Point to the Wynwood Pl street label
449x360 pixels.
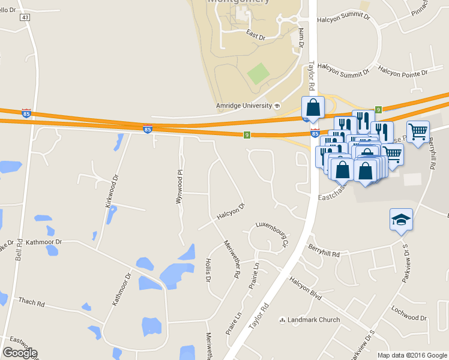point(179,187)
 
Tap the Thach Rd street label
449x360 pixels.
point(32,302)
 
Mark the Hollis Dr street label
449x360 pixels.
point(208,270)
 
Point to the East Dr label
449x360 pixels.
point(256,37)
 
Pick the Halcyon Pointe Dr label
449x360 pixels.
point(402,73)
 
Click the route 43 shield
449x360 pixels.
point(25,17)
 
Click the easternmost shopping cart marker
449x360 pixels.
point(418,131)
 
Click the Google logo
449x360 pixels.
point(20,352)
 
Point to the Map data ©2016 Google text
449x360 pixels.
point(412,355)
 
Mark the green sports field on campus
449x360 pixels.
point(259,74)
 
